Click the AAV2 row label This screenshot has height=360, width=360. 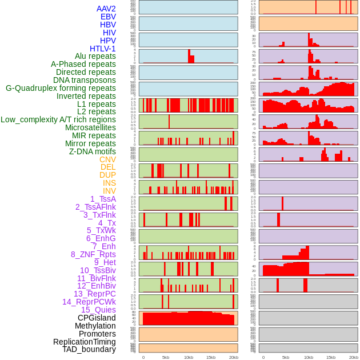(x=106, y=9)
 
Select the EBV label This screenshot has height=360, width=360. (x=108, y=17)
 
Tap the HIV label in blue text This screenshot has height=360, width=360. (x=109, y=33)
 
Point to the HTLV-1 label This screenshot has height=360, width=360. (x=102, y=49)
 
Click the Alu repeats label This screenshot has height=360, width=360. (x=95, y=56)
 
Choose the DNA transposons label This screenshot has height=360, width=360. (x=85, y=80)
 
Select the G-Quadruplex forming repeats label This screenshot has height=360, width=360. (x=61, y=88)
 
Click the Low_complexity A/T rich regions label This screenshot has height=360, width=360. (x=58, y=119)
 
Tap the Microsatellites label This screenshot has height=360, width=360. (x=90, y=127)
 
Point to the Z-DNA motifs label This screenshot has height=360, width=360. (x=93, y=151)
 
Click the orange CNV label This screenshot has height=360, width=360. (x=107, y=159)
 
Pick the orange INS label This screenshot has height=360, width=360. (x=109, y=183)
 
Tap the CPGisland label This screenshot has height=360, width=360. (x=97, y=318)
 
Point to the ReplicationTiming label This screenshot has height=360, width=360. (x=85, y=342)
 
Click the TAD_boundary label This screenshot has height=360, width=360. (x=89, y=349)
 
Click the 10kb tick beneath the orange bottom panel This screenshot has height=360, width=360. (x=189, y=357)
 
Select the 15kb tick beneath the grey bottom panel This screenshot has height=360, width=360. (x=331, y=357)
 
